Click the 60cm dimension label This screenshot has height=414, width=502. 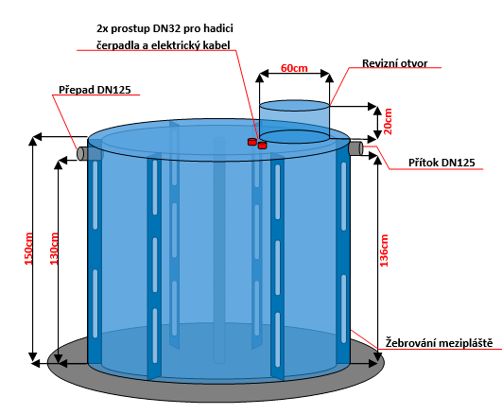click(x=294, y=68)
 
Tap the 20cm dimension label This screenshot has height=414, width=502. click(x=388, y=121)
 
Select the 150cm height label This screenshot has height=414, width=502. click(x=28, y=249)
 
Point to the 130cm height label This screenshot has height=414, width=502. click(x=54, y=249)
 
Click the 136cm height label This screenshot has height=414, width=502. click(x=384, y=250)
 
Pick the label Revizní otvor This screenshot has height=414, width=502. click(x=395, y=63)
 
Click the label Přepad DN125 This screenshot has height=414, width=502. click(x=95, y=90)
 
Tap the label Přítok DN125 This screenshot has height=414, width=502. click(x=441, y=163)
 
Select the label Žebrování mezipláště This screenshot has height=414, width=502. click(x=439, y=343)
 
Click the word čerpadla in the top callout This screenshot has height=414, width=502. click(x=118, y=45)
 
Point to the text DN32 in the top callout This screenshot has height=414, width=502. click(x=167, y=28)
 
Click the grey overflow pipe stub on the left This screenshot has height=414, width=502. click(x=82, y=153)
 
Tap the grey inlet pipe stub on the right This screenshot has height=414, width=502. click(x=356, y=148)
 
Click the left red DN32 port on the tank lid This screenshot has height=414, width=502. click(x=252, y=142)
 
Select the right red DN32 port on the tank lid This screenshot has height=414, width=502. click(x=262, y=146)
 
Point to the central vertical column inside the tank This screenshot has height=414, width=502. click(x=219, y=250)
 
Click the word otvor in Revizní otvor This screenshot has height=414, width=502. click(x=414, y=63)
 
